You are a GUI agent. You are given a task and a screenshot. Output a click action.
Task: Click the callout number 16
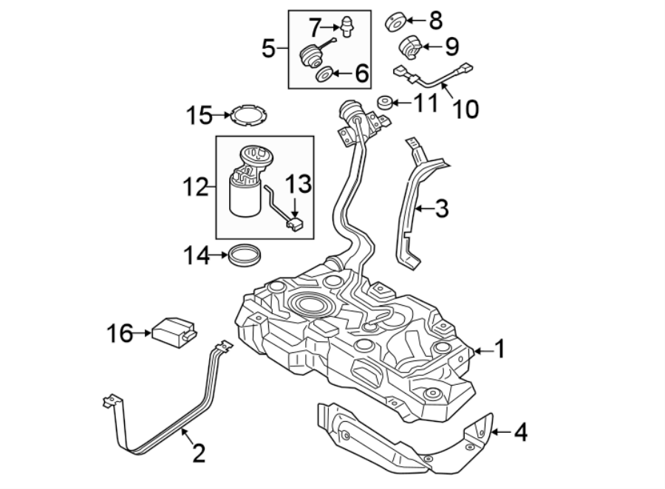click(x=120, y=335)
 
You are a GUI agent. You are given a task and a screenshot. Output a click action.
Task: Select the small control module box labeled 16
click(x=173, y=331)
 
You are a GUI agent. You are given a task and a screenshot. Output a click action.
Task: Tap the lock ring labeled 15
click(x=248, y=117)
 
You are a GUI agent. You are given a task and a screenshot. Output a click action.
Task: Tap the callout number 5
click(x=271, y=49)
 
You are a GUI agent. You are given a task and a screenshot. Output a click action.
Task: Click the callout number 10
click(x=465, y=109)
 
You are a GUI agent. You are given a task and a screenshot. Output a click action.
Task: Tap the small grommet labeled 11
click(x=384, y=101)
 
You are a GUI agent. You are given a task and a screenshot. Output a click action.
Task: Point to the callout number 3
click(x=441, y=209)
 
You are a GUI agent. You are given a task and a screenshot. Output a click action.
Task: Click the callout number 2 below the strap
click(x=198, y=453)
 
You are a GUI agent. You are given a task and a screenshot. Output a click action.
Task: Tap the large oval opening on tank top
click(x=310, y=303)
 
